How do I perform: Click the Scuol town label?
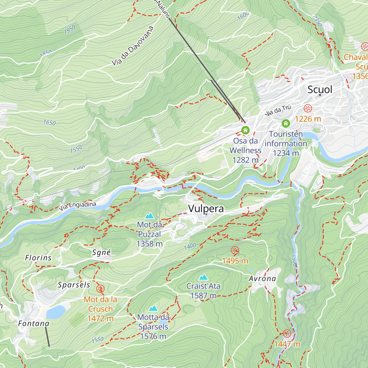pyautogui.click(x=320, y=90)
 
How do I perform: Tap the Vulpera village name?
pyautogui.click(x=206, y=209)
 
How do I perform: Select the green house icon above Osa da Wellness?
pyautogui.click(x=245, y=130)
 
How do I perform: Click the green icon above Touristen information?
pyautogui.click(x=286, y=124)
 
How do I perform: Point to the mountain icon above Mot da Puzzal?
pyautogui.click(x=150, y=216)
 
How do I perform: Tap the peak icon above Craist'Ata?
pyautogui.click(x=203, y=278)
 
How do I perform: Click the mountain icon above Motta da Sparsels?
pyautogui.click(x=153, y=308)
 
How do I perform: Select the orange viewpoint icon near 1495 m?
pyautogui.click(x=235, y=251)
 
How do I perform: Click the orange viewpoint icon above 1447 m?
pyautogui.click(x=287, y=334)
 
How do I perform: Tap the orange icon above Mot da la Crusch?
pyautogui.click(x=100, y=289)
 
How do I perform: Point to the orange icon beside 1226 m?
pyautogui.click(x=308, y=108)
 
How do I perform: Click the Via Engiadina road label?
pyautogui.click(x=78, y=206)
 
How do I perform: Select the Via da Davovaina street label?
pyautogui.click(x=132, y=46)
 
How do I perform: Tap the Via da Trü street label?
pyautogui.click(x=278, y=110)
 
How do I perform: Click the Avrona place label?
pyautogui.click(x=262, y=279)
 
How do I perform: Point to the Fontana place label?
pyautogui.click(x=34, y=324)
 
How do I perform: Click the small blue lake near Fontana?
pyautogui.click(x=56, y=312)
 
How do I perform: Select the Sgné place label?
pyautogui.click(x=102, y=253)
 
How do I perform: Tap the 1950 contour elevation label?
pyautogui.click(x=70, y=29)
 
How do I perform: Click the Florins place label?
pyautogui.click(x=38, y=258)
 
